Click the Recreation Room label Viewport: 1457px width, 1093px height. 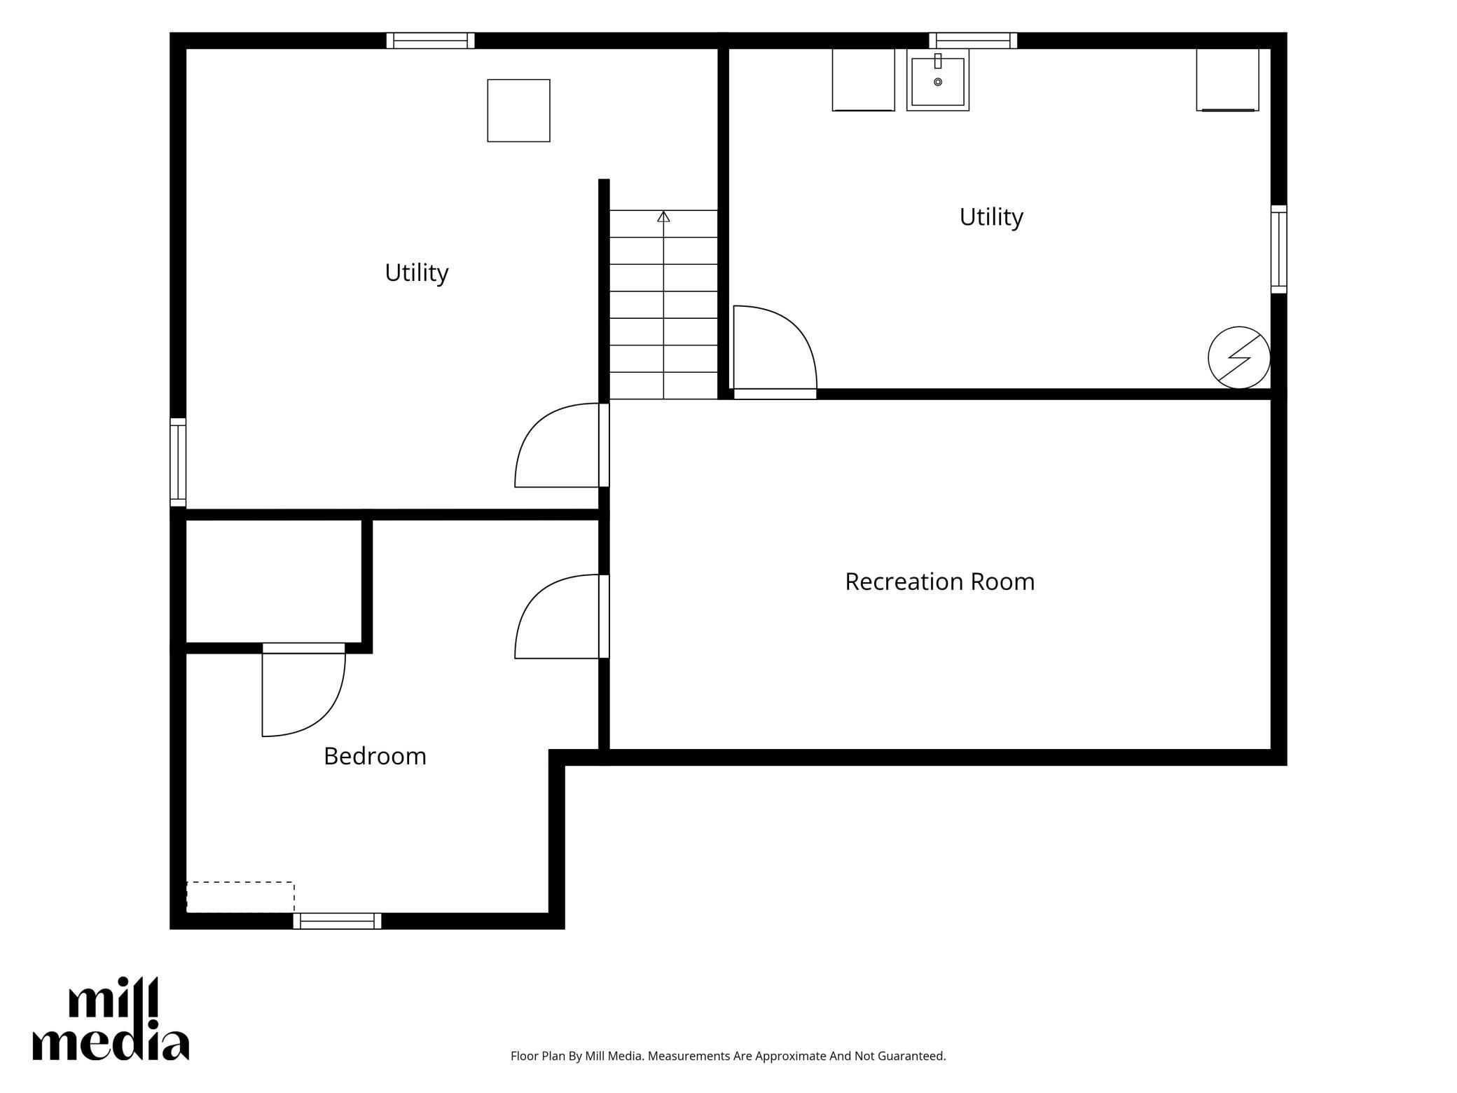click(x=939, y=582)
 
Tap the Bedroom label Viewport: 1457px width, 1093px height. click(x=375, y=756)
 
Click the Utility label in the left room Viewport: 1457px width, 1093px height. click(x=417, y=273)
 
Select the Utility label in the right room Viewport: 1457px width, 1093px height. click(x=991, y=217)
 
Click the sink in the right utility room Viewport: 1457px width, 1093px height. click(x=938, y=80)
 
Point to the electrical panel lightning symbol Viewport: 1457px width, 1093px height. click(x=1239, y=357)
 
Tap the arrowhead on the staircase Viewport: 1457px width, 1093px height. click(x=663, y=216)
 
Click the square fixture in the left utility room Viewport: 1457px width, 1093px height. click(x=519, y=111)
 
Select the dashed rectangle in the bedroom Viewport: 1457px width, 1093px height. click(x=240, y=898)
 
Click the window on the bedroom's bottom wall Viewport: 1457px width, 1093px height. click(x=337, y=921)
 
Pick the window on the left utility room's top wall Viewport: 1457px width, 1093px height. click(x=431, y=41)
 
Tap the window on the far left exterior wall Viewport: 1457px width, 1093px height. click(x=178, y=462)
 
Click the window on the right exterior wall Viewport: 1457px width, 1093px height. click(x=1279, y=249)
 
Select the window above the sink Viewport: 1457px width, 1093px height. click(x=973, y=41)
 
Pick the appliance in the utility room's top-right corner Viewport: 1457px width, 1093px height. click(x=1228, y=80)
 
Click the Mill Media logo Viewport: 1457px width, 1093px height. click(x=111, y=1019)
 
